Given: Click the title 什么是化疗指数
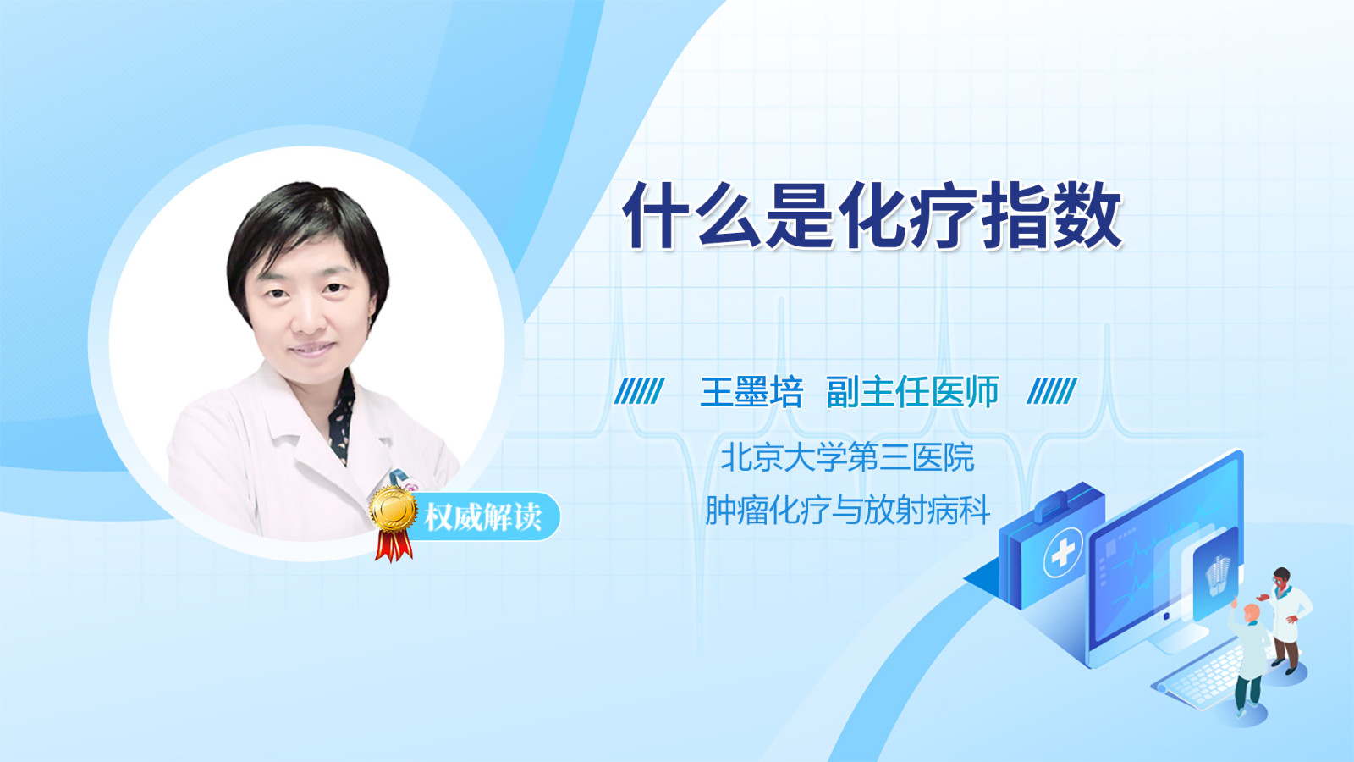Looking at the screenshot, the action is [x=872, y=215].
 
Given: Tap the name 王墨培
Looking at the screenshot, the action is [x=751, y=392].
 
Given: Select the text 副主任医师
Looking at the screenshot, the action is [x=912, y=392].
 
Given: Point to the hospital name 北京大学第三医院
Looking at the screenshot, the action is [x=847, y=456].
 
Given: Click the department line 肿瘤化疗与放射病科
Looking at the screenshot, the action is [x=847, y=510].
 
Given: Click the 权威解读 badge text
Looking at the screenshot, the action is [x=483, y=517].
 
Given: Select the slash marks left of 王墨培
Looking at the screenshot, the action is [x=640, y=390].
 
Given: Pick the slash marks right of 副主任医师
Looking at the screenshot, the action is [x=1052, y=390].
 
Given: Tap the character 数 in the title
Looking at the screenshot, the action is [x=1088, y=215].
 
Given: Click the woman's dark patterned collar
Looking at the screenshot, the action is [x=342, y=417].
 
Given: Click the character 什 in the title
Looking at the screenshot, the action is [x=658, y=215].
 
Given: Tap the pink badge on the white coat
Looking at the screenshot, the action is [x=411, y=486].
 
